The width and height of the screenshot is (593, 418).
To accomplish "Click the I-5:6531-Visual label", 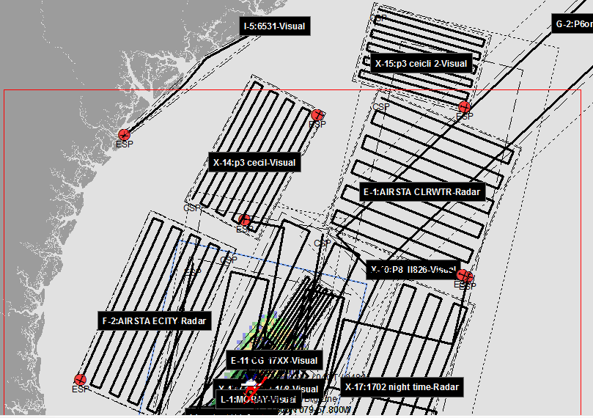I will tap(274, 26).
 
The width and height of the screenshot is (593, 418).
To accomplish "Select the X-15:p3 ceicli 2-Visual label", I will tap(421, 64).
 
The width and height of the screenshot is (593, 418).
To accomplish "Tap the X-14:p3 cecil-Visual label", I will tap(254, 163).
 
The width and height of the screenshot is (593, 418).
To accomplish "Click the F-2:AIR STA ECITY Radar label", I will tap(154, 321).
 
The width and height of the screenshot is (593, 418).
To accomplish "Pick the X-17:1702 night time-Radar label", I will tap(402, 386).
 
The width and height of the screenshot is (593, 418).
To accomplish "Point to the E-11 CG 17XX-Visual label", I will tap(274, 360).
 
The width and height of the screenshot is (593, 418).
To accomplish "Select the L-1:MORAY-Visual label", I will tap(258, 399).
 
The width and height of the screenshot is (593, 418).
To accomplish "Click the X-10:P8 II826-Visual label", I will tap(413, 269).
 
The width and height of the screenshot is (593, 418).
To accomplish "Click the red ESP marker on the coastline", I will tap(124, 134).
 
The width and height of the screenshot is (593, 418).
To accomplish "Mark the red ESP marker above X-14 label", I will tap(317, 115).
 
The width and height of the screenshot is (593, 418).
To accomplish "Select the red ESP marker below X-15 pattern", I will tap(464, 106).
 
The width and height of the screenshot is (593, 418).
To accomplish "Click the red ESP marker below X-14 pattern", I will tap(245, 220).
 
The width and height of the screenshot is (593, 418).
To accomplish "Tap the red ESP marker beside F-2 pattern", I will tap(81, 379).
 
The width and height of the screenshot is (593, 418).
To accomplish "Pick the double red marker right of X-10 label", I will tap(465, 276).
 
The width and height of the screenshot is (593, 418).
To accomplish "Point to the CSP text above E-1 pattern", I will tap(380, 107).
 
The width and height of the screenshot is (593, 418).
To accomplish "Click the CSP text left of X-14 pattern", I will tap(191, 208).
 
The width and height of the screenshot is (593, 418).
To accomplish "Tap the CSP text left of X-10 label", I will tap(322, 243).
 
